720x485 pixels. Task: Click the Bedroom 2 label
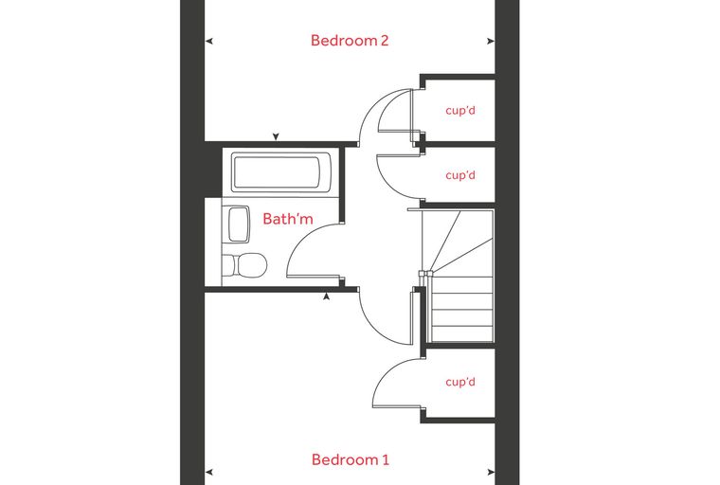(x=350, y=41)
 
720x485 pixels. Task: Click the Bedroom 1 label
(x=351, y=459)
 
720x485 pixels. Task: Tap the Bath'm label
(x=288, y=219)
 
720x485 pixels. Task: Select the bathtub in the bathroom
(x=276, y=172)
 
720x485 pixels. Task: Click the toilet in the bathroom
(x=249, y=265)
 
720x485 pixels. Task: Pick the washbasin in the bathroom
(x=239, y=225)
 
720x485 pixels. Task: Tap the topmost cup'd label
(x=460, y=111)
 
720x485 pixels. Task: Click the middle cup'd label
(x=460, y=175)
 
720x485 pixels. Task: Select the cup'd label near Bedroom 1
(x=460, y=382)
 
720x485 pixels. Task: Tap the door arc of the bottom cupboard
(x=385, y=372)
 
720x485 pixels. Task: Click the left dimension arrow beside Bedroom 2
(x=209, y=42)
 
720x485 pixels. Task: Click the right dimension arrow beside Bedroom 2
(x=491, y=42)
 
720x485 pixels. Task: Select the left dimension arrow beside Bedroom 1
(x=209, y=472)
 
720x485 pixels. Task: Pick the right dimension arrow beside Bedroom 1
(x=491, y=472)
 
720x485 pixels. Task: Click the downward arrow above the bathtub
(x=276, y=136)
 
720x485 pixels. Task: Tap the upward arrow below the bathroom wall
(x=326, y=296)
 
